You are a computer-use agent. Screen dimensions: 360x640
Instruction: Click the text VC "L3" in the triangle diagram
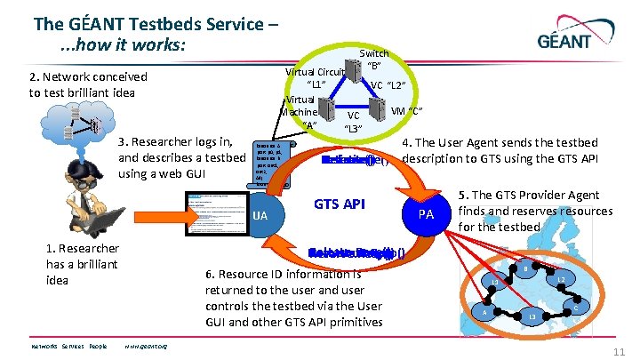click(x=354, y=122)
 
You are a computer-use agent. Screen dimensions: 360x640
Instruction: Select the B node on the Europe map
click(x=526, y=268)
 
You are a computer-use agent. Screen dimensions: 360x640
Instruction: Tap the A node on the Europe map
click(x=484, y=312)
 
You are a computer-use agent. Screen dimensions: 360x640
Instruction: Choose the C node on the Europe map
click(x=577, y=308)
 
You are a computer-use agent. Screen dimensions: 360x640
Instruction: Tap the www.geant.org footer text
click(x=148, y=346)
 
